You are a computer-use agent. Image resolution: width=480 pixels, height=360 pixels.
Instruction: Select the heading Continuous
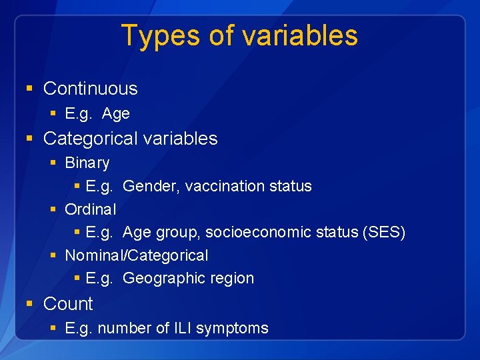pos(90,89)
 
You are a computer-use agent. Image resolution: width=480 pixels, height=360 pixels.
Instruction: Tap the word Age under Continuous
pos(116,114)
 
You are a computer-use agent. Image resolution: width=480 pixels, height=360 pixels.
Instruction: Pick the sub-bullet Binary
pos(87,163)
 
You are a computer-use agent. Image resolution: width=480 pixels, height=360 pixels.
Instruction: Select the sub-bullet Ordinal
pos(90,209)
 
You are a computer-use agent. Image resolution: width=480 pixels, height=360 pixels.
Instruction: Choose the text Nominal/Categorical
pos(136,255)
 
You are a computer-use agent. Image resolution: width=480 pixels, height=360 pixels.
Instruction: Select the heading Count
pos(68,304)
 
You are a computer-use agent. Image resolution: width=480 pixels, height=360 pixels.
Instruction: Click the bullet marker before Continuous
pos(29,89)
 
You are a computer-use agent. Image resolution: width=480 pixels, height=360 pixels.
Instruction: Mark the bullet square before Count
pos(29,304)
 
